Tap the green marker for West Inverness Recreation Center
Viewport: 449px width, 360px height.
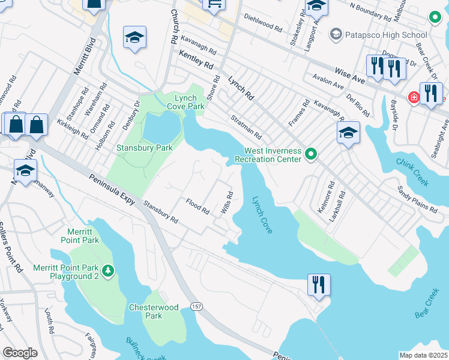[310, 155]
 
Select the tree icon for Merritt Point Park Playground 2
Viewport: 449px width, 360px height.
[108, 271]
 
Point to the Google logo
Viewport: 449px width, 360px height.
[20, 353]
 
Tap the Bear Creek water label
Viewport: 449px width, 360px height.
[427, 306]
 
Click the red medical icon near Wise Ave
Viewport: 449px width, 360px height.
[414, 97]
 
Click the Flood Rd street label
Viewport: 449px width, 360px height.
[197, 206]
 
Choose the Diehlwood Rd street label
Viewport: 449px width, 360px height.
[262, 23]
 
